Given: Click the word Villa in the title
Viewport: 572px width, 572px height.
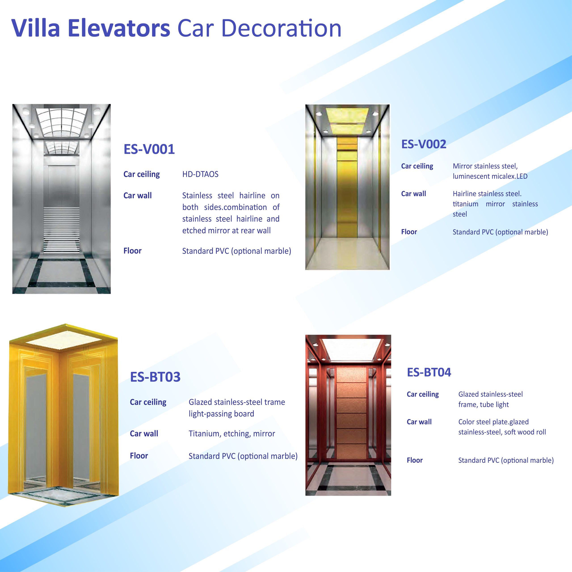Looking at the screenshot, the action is pos(36,28).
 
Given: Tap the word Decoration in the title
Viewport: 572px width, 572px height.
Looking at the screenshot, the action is pos(281,28).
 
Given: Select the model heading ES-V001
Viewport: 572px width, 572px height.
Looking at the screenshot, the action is pos(149,149).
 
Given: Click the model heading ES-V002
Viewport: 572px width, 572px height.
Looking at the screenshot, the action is pos(423,144).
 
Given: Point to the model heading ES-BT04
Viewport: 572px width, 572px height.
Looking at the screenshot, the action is pos(429,372).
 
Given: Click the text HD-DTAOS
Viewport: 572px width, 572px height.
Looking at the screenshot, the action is pos(200,174).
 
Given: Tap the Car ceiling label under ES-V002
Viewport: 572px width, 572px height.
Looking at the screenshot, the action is pos(417,166).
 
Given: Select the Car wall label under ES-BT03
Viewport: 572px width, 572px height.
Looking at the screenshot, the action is pos(144,433).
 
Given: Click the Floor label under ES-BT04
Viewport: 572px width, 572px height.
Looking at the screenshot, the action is pos(414,460).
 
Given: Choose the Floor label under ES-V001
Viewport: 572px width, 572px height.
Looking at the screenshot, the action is pos(132,251).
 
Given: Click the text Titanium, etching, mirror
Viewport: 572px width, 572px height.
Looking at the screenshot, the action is pos(232,434).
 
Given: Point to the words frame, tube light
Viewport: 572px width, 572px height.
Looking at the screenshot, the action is pos(484,404).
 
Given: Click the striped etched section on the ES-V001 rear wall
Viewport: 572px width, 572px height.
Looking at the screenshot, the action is pos(62,229).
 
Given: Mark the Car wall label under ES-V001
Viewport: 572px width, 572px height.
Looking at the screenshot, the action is pos(137,196).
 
